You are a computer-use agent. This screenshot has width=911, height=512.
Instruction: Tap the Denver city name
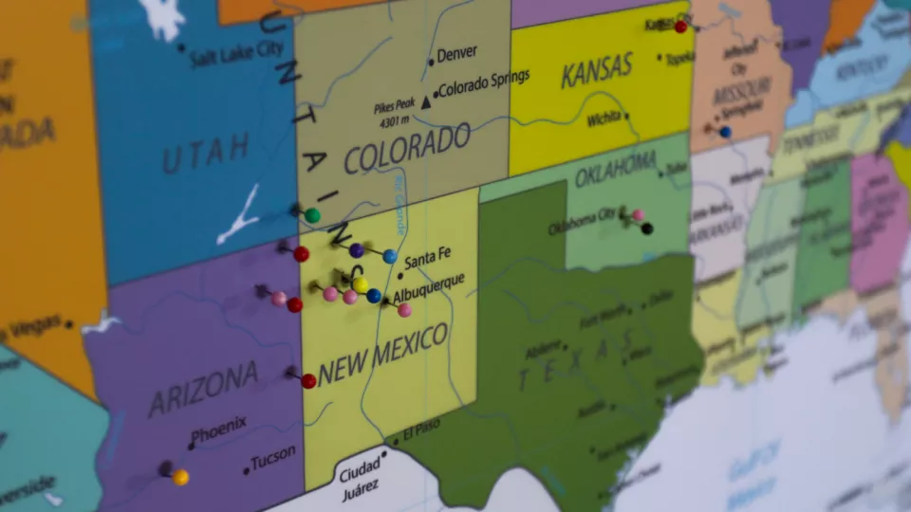pos(457,53)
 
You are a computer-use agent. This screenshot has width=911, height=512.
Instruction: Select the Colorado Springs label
pos(484,82)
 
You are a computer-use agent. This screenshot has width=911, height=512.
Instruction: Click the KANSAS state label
pos(596,70)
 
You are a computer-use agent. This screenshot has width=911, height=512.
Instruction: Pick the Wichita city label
pos(604,119)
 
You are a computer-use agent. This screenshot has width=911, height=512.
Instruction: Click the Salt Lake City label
pos(236,54)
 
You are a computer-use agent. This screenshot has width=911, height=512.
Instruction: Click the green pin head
pos(312,216)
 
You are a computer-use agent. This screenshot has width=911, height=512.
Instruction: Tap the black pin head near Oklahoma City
pos(647,229)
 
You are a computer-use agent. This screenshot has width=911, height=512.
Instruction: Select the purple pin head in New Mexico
pos(357,250)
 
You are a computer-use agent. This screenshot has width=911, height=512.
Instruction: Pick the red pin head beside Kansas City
pos(680,27)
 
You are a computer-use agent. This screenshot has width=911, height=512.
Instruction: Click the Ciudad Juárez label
pos(360,479)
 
